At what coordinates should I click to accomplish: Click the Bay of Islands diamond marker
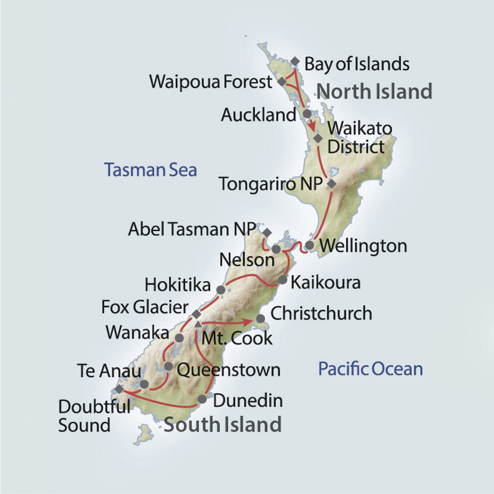point(295,61)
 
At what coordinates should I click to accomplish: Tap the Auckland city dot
point(307,113)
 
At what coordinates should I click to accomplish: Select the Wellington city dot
point(309,245)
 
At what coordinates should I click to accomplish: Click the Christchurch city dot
point(260,319)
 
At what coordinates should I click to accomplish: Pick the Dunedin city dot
point(202,399)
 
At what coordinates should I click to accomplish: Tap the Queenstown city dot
point(168,366)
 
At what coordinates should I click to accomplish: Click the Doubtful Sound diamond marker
point(119,389)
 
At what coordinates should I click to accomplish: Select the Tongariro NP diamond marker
point(332,184)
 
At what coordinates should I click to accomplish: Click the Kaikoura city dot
point(283,279)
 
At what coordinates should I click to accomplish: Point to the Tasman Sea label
point(151,170)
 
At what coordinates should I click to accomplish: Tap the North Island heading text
point(374,92)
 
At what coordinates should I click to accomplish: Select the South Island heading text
point(223,424)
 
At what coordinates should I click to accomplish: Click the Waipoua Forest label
point(210,82)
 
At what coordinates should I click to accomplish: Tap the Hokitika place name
point(178,285)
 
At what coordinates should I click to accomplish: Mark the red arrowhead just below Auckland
point(312,127)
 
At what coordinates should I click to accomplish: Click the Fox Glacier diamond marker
point(197,314)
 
